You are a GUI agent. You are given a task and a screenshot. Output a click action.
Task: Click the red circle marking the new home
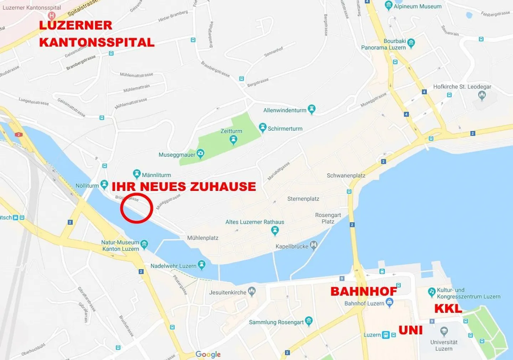[136, 208]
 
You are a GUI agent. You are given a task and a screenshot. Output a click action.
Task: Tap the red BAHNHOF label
[364, 291]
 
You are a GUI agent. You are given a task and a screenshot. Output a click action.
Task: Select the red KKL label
[448, 308]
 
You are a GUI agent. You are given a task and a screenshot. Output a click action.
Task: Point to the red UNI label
[410, 330]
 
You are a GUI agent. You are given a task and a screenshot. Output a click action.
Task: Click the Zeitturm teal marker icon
[233, 140]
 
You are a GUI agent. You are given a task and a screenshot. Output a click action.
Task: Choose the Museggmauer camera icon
[201, 154]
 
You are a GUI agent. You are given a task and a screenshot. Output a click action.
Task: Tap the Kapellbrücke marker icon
[313, 245]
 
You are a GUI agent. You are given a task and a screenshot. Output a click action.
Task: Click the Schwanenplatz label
[346, 176]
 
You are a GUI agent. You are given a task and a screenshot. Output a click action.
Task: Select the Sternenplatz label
[303, 199]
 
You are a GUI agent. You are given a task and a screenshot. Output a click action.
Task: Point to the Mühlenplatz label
[203, 238]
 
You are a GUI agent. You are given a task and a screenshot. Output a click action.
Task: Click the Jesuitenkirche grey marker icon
[252, 292]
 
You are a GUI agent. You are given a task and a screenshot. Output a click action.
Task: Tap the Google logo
[208, 354]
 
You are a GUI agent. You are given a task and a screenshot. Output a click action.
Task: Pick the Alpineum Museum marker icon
[389, 5]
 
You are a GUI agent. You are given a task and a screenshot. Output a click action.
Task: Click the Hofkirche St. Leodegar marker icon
[482, 95]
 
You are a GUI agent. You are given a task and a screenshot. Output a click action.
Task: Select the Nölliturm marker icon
[104, 184]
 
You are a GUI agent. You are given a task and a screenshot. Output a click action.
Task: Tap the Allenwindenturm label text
[285, 110]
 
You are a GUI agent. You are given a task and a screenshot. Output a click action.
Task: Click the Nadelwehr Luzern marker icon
[202, 265]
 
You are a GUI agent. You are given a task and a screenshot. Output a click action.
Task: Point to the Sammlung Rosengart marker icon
[309, 321]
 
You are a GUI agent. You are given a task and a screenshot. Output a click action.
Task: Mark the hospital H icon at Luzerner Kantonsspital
[52, 16]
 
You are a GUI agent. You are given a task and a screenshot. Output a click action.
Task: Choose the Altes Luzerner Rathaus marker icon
[275, 231]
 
